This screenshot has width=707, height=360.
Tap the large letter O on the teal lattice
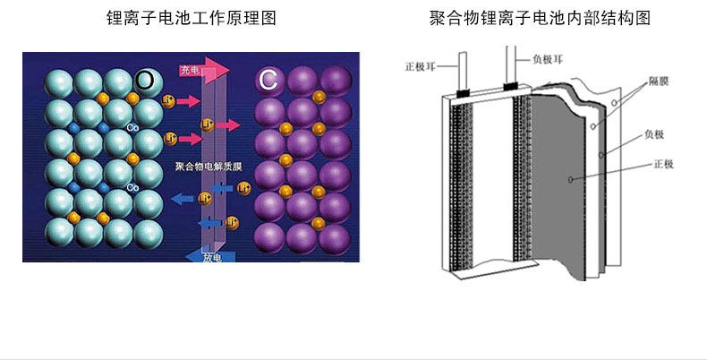click(x=145, y=80)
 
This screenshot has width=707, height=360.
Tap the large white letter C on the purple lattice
click(x=267, y=81)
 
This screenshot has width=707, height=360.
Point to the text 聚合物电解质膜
click(x=205, y=167)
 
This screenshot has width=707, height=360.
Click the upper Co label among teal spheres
click(x=132, y=128)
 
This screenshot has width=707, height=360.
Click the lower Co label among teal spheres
click(x=132, y=187)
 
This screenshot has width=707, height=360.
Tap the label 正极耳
click(x=422, y=65)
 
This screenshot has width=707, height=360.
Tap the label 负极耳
click(x=548, y=59)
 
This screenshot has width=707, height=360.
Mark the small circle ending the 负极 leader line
click(x=603, y=154)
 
